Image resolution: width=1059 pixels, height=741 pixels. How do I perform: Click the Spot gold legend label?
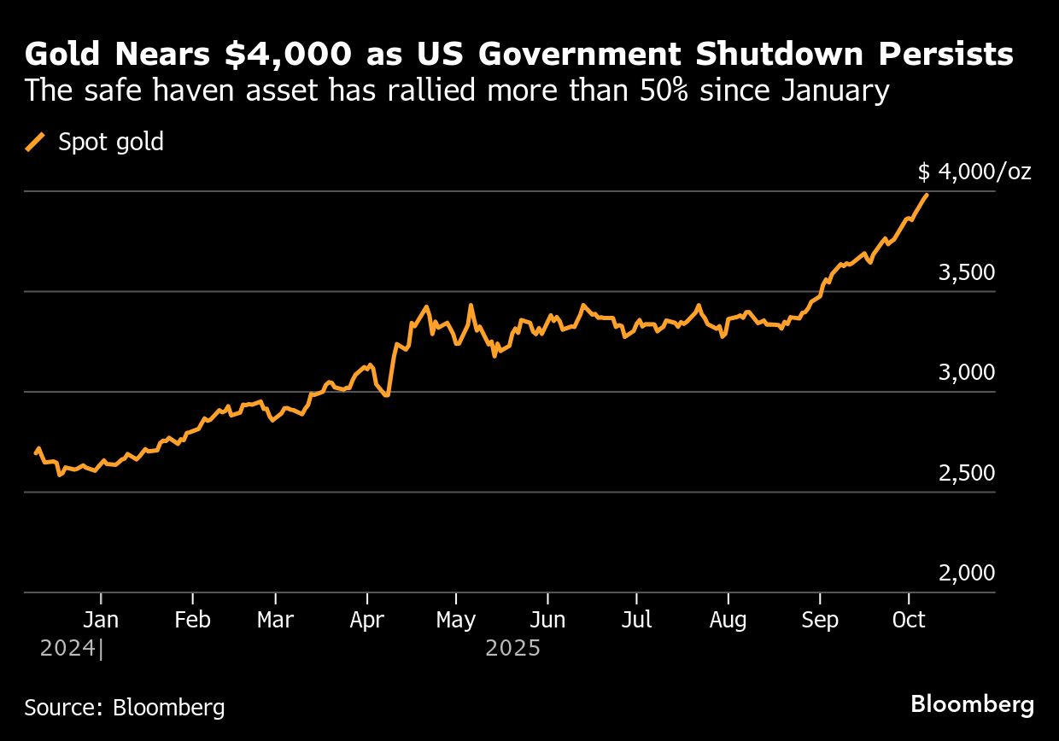coord(111,142)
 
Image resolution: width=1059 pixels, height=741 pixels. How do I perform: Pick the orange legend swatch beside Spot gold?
coord(36,142)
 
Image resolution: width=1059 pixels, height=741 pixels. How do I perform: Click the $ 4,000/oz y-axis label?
coord(974,172)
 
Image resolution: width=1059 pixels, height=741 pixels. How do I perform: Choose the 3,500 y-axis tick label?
coord(967,273)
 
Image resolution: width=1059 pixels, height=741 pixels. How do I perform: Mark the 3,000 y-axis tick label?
coord(967,373)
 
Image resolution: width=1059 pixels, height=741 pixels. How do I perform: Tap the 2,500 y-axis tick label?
coord(967,473)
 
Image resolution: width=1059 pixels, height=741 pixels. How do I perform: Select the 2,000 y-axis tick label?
coord(967,573)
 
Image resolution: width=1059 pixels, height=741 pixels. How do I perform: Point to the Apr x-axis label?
coord(367,620)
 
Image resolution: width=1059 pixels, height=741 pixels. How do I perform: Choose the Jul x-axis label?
coord(636,620)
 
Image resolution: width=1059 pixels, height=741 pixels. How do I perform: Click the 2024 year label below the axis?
coord(68,649)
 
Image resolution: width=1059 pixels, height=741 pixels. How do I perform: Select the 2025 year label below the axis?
coord(512,649)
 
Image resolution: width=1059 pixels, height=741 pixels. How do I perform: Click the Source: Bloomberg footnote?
coord(125,707)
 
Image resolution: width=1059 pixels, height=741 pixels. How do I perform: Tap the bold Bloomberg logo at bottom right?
coord(972,705)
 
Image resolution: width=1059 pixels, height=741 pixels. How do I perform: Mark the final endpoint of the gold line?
coord(927,195)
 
